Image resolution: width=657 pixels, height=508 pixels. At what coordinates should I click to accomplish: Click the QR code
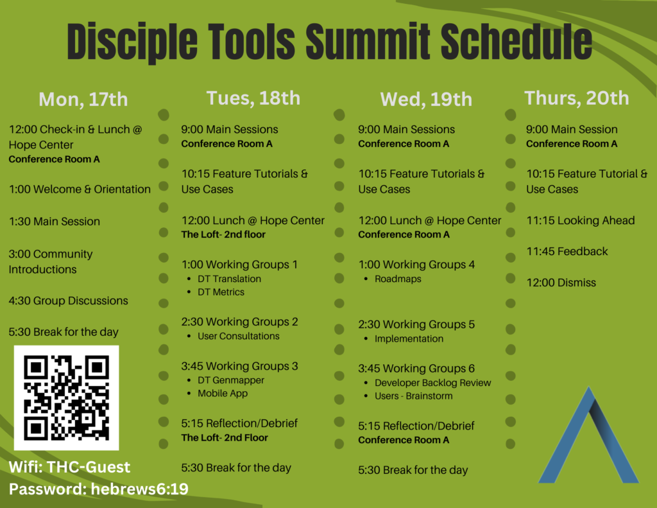click(x=66, y=398)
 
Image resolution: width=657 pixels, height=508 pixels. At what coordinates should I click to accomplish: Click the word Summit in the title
click(x=368, y=42)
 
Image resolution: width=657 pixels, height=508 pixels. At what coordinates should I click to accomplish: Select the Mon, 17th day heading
click(x=83, y=100)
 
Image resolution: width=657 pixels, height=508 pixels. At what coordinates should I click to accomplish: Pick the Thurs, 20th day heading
click(x=577, y=98)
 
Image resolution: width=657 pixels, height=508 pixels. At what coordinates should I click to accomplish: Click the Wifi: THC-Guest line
click(x=69, y=467)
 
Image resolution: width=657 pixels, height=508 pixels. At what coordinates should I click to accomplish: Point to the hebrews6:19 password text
click(x=139, y=489)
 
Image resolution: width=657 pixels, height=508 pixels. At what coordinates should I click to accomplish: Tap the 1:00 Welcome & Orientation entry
click(x=80, y=189)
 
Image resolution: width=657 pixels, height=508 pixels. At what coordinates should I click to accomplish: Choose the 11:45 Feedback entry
click(x=567, y=251)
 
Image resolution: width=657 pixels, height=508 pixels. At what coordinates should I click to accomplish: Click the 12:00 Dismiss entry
click(x=561, y=283)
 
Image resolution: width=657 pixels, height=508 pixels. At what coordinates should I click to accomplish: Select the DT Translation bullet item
click(x=229, y=279)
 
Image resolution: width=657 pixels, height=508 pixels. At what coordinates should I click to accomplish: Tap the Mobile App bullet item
click(x=223, y=394)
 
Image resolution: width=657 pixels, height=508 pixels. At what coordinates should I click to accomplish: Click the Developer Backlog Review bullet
click(x=433, y=383)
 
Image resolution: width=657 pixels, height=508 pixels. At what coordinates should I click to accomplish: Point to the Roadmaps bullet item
click(x=398, y=279)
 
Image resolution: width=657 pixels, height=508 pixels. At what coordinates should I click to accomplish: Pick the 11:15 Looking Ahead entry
click(x=580, y=221)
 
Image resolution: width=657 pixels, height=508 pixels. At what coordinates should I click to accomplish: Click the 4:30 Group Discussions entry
click(x=68, y=301)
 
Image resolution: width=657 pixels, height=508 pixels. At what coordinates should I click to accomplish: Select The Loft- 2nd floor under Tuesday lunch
click(x=223, y=234)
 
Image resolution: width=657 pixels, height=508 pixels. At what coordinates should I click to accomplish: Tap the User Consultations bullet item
click(x=239, y=336)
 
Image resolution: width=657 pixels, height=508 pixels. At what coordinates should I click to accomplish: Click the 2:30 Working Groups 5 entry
click(x=416, y=324)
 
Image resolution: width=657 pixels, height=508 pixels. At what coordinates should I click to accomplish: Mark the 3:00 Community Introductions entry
click(x=51, y=262)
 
